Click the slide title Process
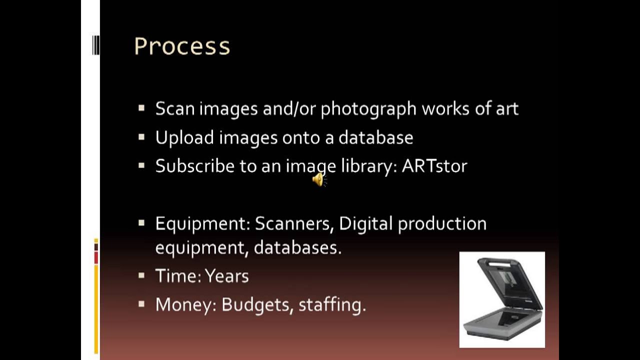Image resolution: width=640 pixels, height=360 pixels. (182, 46)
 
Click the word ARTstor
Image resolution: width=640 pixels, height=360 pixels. (434, 166)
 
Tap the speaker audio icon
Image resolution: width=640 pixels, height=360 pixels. (318, 179)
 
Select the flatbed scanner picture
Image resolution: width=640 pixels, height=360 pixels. (502, 299)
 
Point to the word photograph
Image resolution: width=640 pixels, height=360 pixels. (368, 109)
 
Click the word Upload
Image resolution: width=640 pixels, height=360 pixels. (184, 138)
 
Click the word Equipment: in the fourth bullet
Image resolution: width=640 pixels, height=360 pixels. (202, 224)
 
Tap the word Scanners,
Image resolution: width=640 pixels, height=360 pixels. (294, 224)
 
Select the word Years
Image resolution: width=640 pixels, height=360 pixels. (226, 276)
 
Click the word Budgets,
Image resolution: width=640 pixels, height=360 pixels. (257, 305)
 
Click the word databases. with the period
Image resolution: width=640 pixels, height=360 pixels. (297, 247)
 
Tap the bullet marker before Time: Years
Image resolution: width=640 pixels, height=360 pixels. (141, 275)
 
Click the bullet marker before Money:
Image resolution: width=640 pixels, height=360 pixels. (141, 303)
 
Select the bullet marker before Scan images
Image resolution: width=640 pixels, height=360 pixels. (141, 107)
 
